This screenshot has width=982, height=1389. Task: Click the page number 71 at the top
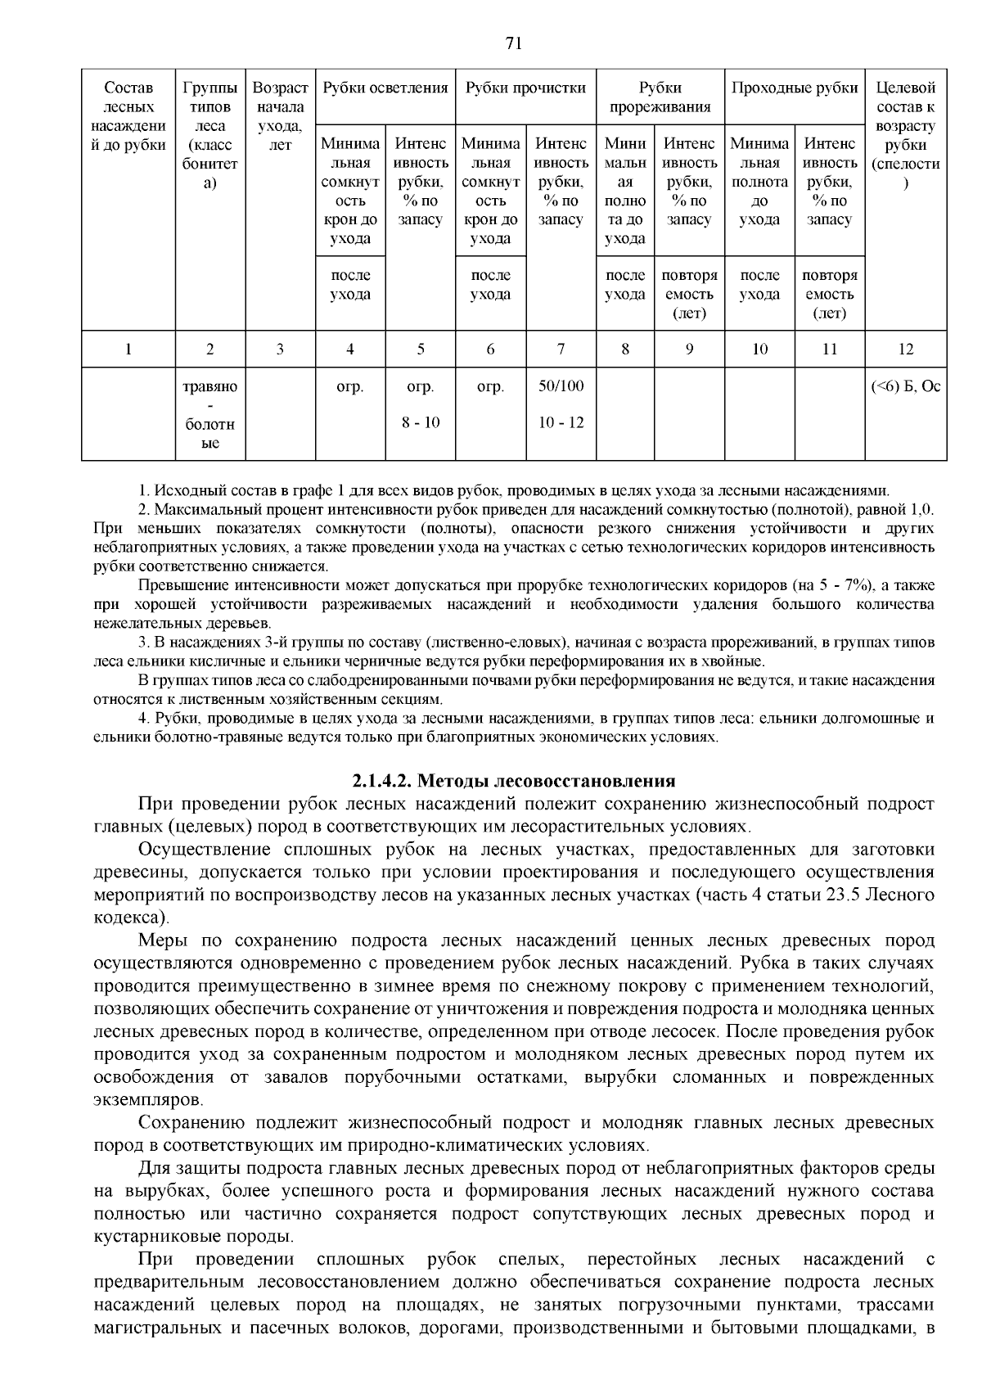pyautogui.click(x=514, y=44)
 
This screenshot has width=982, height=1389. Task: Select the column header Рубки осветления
pyautogui.click(x=385, y=88)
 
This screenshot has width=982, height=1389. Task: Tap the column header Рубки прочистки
pyautogui.click(x=525, y=88)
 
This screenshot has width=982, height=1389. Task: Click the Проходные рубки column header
pyautogui.click(x=794, y=88)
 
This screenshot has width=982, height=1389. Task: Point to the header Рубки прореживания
pyautogui.click(x=660, y=97)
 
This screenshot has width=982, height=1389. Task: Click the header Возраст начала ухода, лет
pyautogui.click(x=280, y=116)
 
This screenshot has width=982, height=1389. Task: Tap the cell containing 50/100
pyautogui.click(x=561, y=386)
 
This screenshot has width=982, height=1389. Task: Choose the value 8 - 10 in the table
pyautogui.click(x=421, y=422)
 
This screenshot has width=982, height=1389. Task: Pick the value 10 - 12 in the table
pyautogui.click(x=561, y=422)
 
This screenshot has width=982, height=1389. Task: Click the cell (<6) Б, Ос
pyautogui.click(x=905, y=386)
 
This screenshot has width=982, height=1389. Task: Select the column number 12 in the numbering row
pyautogui.click(x=905, y=350)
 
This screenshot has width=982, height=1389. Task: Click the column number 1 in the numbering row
pyautogui.click(x=128, y=350)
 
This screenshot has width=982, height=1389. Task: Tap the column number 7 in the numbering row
pyautogui.click(x=561, y=350)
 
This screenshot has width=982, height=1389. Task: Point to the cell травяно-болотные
pyautogui.click(x=210, y=414)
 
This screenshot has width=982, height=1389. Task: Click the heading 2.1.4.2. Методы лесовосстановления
pyautogui.click(x=514, y=780)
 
